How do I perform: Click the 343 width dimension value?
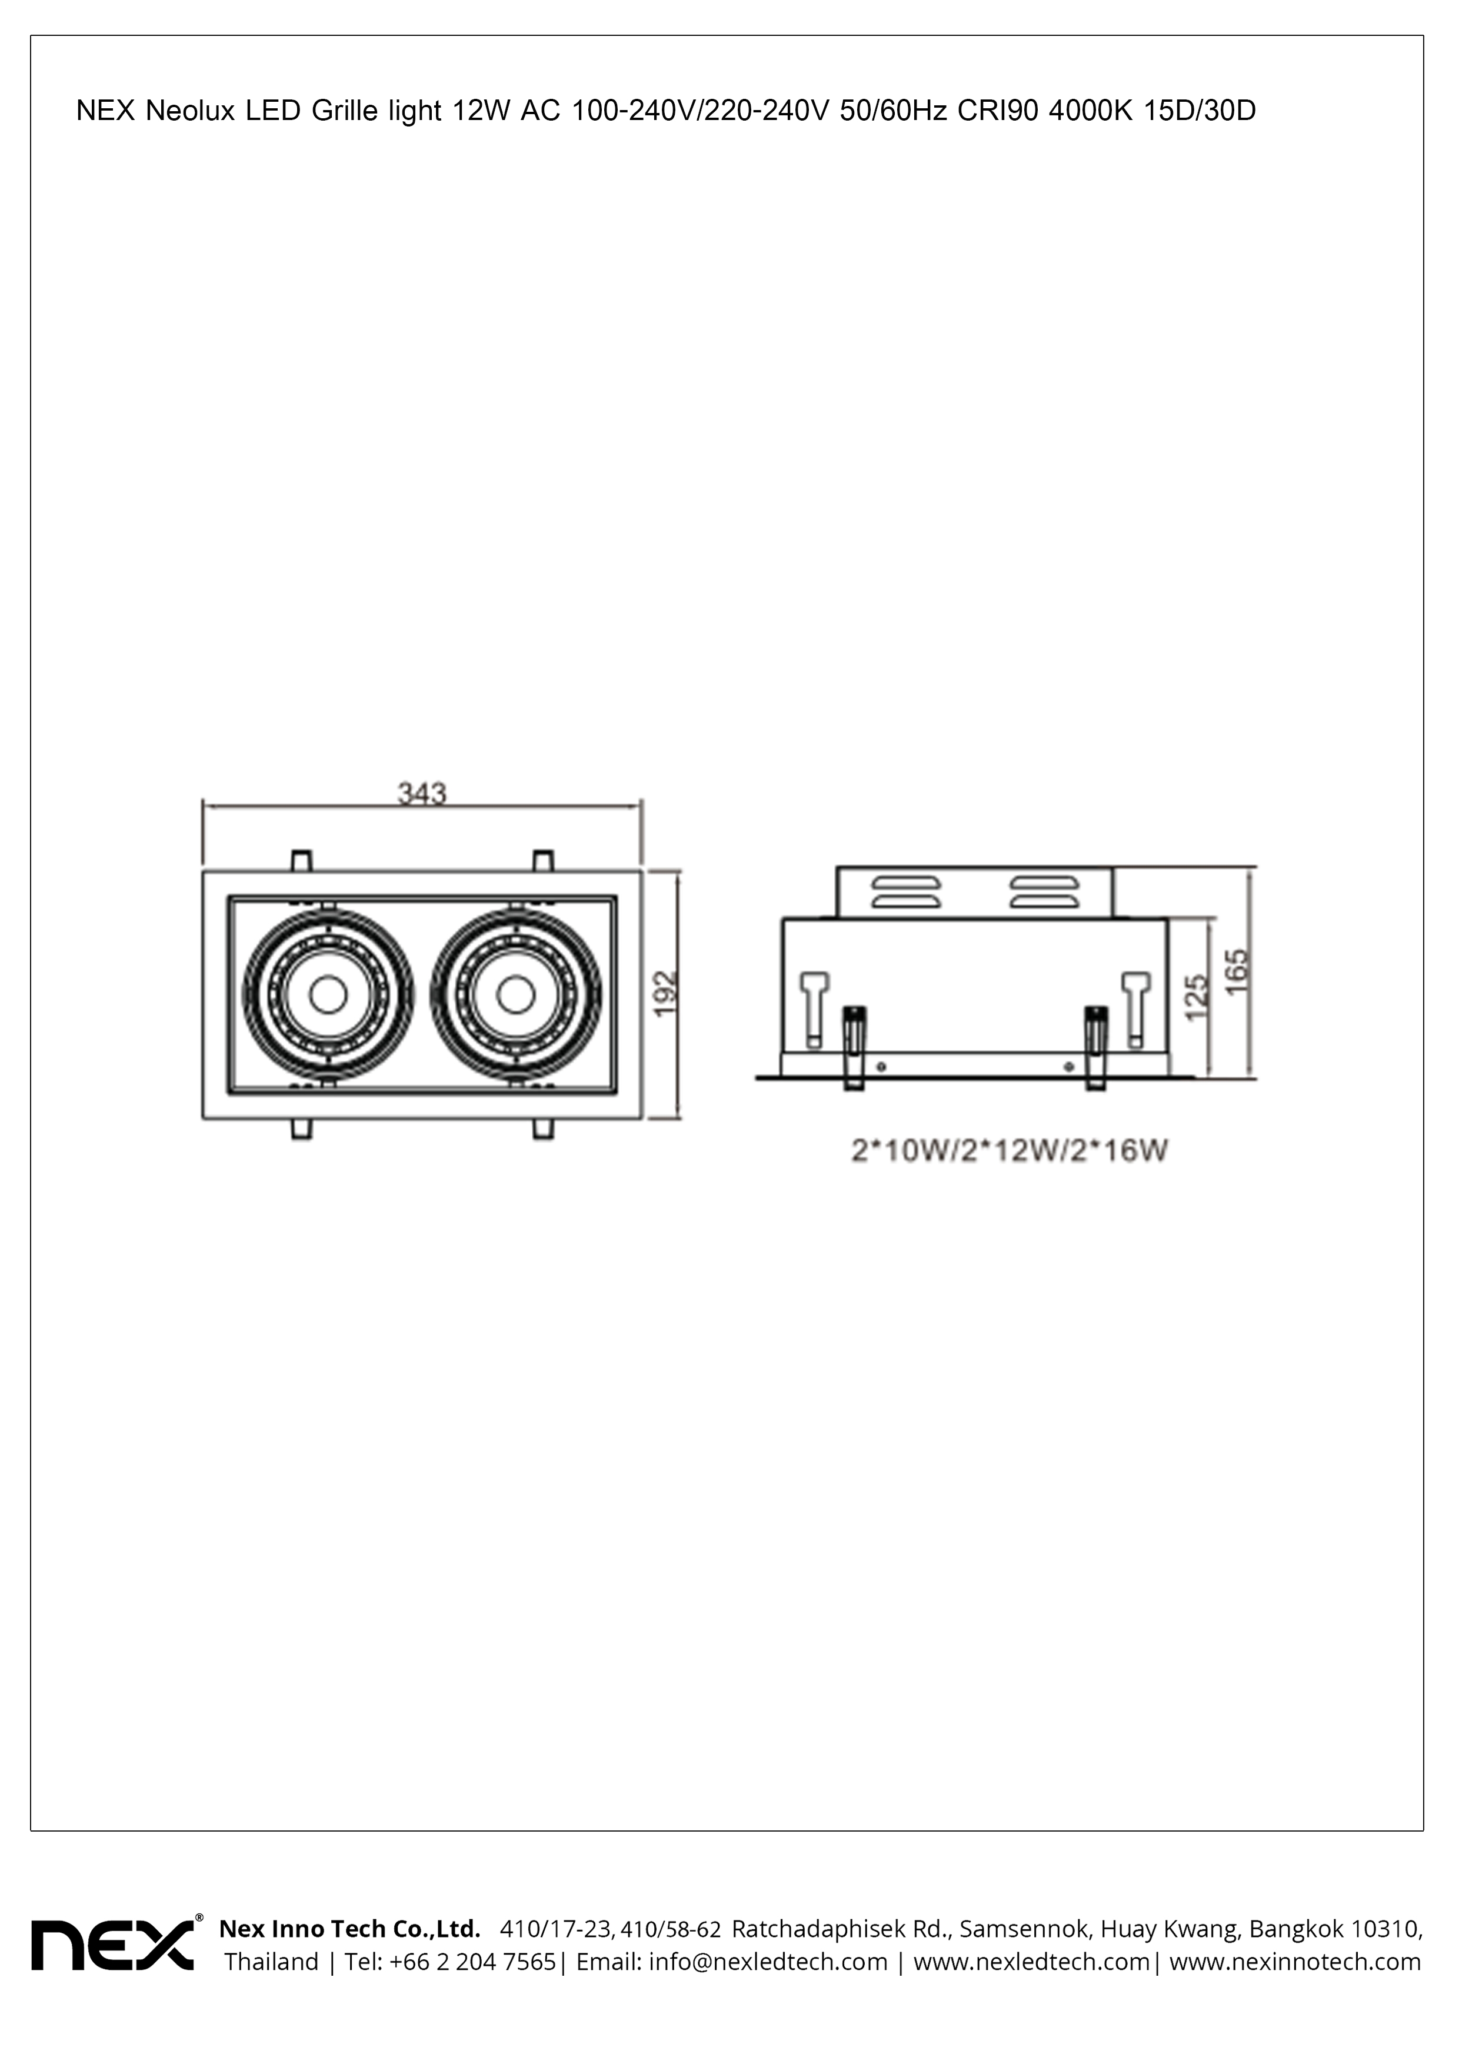(422, 793)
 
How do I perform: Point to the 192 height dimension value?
(666, 993)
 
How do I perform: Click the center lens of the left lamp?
(328, 994)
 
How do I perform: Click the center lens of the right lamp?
(515, 994)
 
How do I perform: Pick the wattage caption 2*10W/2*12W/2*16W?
(1008, 1151)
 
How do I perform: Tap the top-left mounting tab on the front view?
(302, 861)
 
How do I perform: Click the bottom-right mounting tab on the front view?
(543, 1129)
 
